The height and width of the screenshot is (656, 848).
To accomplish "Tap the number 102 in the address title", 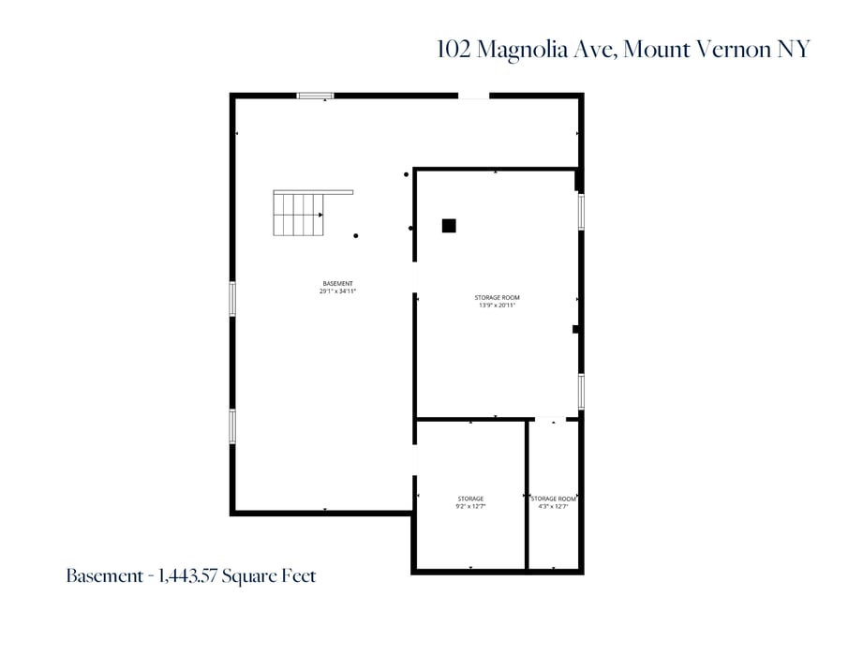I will click(454, 50).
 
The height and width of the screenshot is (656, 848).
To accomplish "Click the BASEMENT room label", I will click(337, 283).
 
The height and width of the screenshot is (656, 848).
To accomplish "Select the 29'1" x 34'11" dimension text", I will click(337, 291).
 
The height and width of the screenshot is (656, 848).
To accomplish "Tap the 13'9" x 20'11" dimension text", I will click(497, 305).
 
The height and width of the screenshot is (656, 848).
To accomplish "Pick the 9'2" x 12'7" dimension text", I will click(470, 506).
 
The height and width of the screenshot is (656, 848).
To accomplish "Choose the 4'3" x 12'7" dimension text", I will click(553, 506).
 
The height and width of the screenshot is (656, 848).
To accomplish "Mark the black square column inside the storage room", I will click(449, 225).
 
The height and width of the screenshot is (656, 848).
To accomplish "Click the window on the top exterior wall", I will click(315, 95).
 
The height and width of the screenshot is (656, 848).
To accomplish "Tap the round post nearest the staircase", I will click(356, 236).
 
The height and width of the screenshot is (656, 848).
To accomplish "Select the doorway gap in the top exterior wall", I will click(473, 95).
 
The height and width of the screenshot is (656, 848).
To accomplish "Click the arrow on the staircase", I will click(320, 215).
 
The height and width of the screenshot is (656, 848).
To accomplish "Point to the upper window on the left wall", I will click(232, 299).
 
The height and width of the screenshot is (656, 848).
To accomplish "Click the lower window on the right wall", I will click(581, 391).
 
